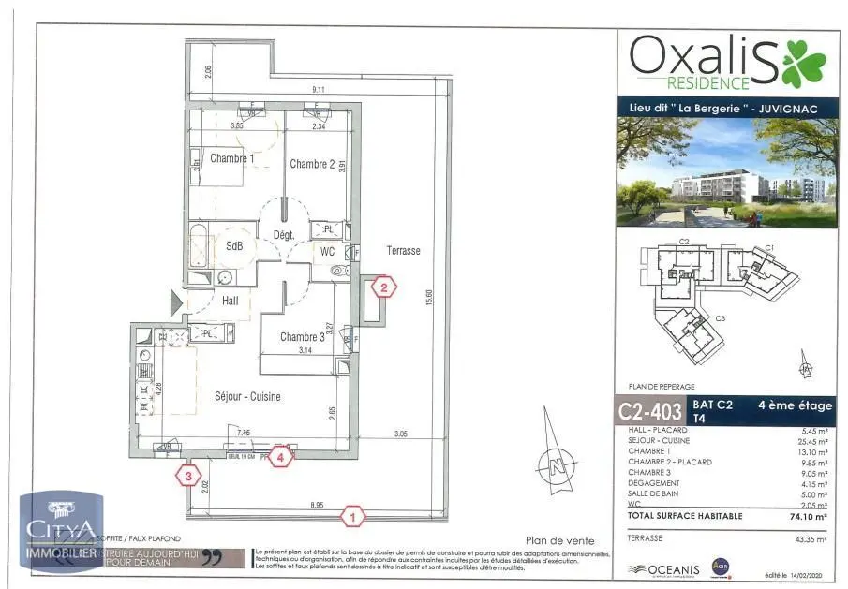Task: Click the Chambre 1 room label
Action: coord(231,158)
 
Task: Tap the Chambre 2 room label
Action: coord(312,164)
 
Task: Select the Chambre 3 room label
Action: coord(302,337)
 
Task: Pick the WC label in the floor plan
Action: coord(328,251)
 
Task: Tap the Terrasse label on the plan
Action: coord(404,251)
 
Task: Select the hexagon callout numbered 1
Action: coord(353,515)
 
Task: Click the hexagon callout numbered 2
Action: coord(382,287)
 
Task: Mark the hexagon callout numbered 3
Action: coord(188,476)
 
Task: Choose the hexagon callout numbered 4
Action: coord(282,457)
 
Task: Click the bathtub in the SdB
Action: coord(200,246)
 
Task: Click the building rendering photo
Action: coord(727,172)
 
